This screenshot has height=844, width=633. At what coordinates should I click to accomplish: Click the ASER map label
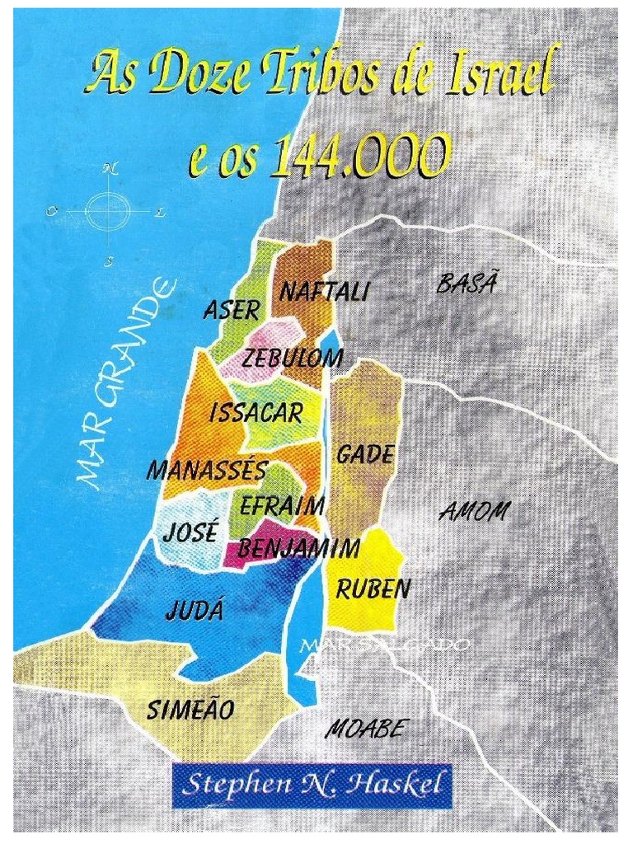pyautogui.click(x=231, y=310)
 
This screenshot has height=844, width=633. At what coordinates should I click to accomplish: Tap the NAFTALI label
pyautogui.click(x=324, y=292)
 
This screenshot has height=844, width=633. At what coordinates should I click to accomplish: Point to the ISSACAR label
pyautogui.click(x=256, y=413)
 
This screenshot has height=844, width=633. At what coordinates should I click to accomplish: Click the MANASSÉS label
pyautogui.click(x=207, y=471)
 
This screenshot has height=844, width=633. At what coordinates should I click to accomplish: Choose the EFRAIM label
pyautogui.click(x=282, y=505)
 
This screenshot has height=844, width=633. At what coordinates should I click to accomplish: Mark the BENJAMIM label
pyautogui.click(x=299, y=547)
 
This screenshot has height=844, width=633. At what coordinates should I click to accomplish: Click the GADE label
pyautogui.click(x=364, y=454)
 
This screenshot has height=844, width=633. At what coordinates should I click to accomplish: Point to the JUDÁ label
pyautogui.click(x=195, y=611)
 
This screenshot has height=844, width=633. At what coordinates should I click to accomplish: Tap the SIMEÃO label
pyautogui.click(x=190, y=709)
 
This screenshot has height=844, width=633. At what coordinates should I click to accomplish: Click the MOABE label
pyautogui.click(x=366, y=729)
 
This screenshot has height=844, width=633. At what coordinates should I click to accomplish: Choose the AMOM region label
pyautogui.click(x=474, y=512)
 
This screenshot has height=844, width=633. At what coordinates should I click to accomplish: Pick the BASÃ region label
pyautogui.click(x=467, y=285)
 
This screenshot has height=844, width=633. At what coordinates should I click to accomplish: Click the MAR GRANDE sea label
pyautogui.click(x=124, y=387)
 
